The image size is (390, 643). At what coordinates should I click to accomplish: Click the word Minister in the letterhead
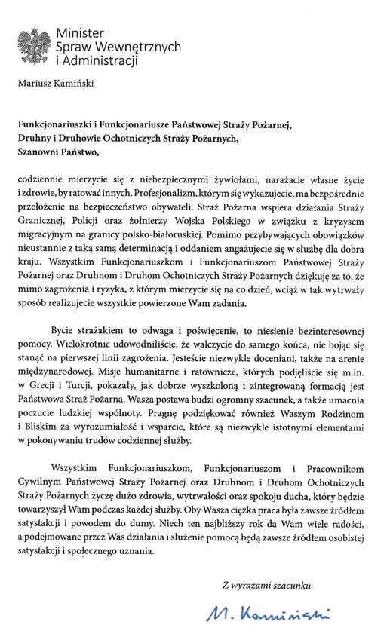click(x=79, y=33)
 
